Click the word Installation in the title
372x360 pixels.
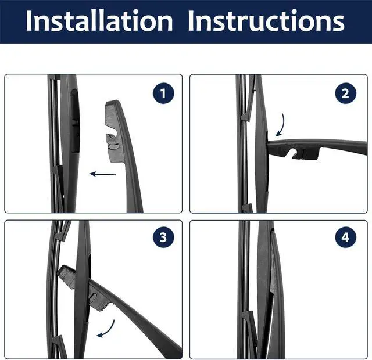tap(99, 21)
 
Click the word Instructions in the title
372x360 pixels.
tap(266, 21)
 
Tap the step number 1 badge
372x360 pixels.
tap(163, 93)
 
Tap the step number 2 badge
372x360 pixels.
tap(345, 93)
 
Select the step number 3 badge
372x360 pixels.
tap(163, 237)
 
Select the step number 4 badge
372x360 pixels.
tap(345, 237)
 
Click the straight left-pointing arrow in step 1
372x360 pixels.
tap(102, 174)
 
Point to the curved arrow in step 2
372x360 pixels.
tap(280, 125)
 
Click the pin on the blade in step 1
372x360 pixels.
tap(76, 121)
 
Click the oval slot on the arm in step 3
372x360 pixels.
tap(94, 297)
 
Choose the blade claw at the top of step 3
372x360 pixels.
tap(63, 231)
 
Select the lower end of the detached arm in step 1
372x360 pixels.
tap(134, 210)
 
